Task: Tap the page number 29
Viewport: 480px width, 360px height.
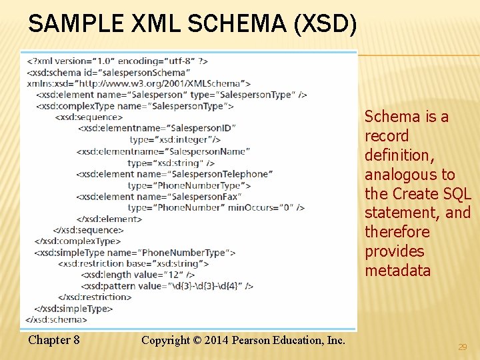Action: pyautogui.click(x=463, y=347)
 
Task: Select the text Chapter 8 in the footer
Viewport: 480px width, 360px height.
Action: pyautogui.click(x=54, y=340)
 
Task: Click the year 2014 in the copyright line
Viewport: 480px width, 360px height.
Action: pyautogui.click(x=215, y=340)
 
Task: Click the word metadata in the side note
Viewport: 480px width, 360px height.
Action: pyautogui.click(x=397, y=271)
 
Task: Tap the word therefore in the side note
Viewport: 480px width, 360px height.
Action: pyautogui.click(x=397, y=232)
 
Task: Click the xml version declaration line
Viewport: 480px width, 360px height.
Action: pyautogui.click(x=117, y=61)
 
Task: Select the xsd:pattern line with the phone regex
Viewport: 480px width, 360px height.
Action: pyautogui.click(x=167, y=286)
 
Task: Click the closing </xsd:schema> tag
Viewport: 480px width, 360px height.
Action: pyautogui.click(x=57, y=319)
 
